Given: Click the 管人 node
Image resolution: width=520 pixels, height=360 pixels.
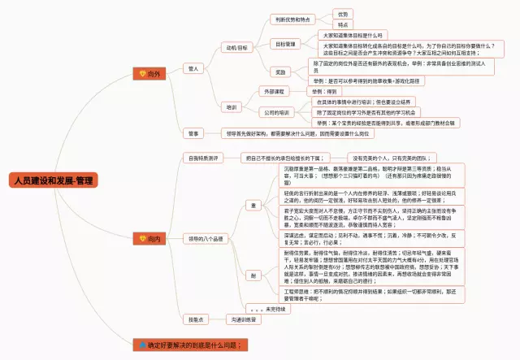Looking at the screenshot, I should click(193, 68).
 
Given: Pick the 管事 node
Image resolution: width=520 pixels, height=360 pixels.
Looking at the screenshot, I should click(193, 132).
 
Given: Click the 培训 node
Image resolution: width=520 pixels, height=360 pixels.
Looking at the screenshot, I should click(232, 106).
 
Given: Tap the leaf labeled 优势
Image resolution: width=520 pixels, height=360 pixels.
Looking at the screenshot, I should click(343, 14).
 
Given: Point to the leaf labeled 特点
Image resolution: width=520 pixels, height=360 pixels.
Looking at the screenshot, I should click(343, 24).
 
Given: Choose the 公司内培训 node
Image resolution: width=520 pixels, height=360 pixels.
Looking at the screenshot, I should click(276, 112).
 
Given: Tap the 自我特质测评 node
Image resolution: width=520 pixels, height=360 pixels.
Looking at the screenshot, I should click(203, 157).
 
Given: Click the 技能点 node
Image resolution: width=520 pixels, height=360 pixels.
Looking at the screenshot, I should click(194, 319).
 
